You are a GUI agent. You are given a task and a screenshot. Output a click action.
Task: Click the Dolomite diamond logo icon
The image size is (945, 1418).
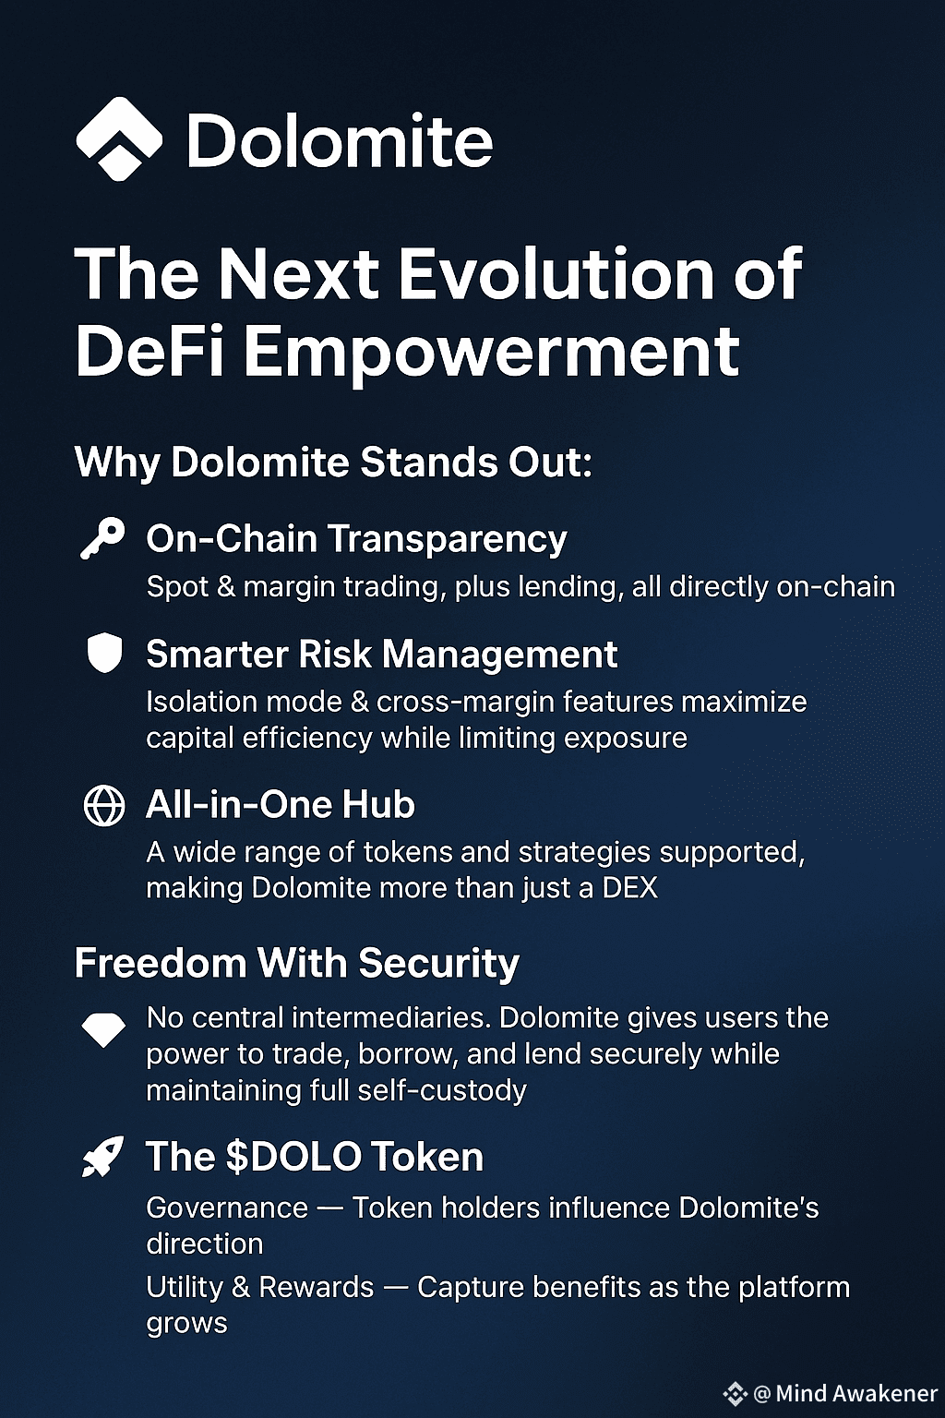[119, 138]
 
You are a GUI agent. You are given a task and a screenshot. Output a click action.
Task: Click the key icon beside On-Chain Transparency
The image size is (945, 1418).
[102, 539]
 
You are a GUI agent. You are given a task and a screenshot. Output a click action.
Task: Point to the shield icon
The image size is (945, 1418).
[103, 653]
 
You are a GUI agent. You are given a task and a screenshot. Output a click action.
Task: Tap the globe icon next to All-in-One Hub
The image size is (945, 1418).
[103, 806]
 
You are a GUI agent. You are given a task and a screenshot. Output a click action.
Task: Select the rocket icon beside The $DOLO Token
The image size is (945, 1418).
[103, 1157]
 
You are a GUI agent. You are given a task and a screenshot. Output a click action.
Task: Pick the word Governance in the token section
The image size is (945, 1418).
[227, 1208]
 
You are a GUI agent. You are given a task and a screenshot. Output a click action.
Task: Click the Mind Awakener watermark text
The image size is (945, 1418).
[855, 1393]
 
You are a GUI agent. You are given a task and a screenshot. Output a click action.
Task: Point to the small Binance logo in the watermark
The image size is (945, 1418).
[735, 1393]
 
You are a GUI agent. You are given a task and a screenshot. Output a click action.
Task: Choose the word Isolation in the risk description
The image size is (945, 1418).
[201, 702]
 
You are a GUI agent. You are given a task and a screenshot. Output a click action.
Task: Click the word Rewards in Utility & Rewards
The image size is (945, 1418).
[316, 1288]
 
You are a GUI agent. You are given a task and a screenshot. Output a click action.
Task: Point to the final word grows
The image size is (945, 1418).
[186, 1325]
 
